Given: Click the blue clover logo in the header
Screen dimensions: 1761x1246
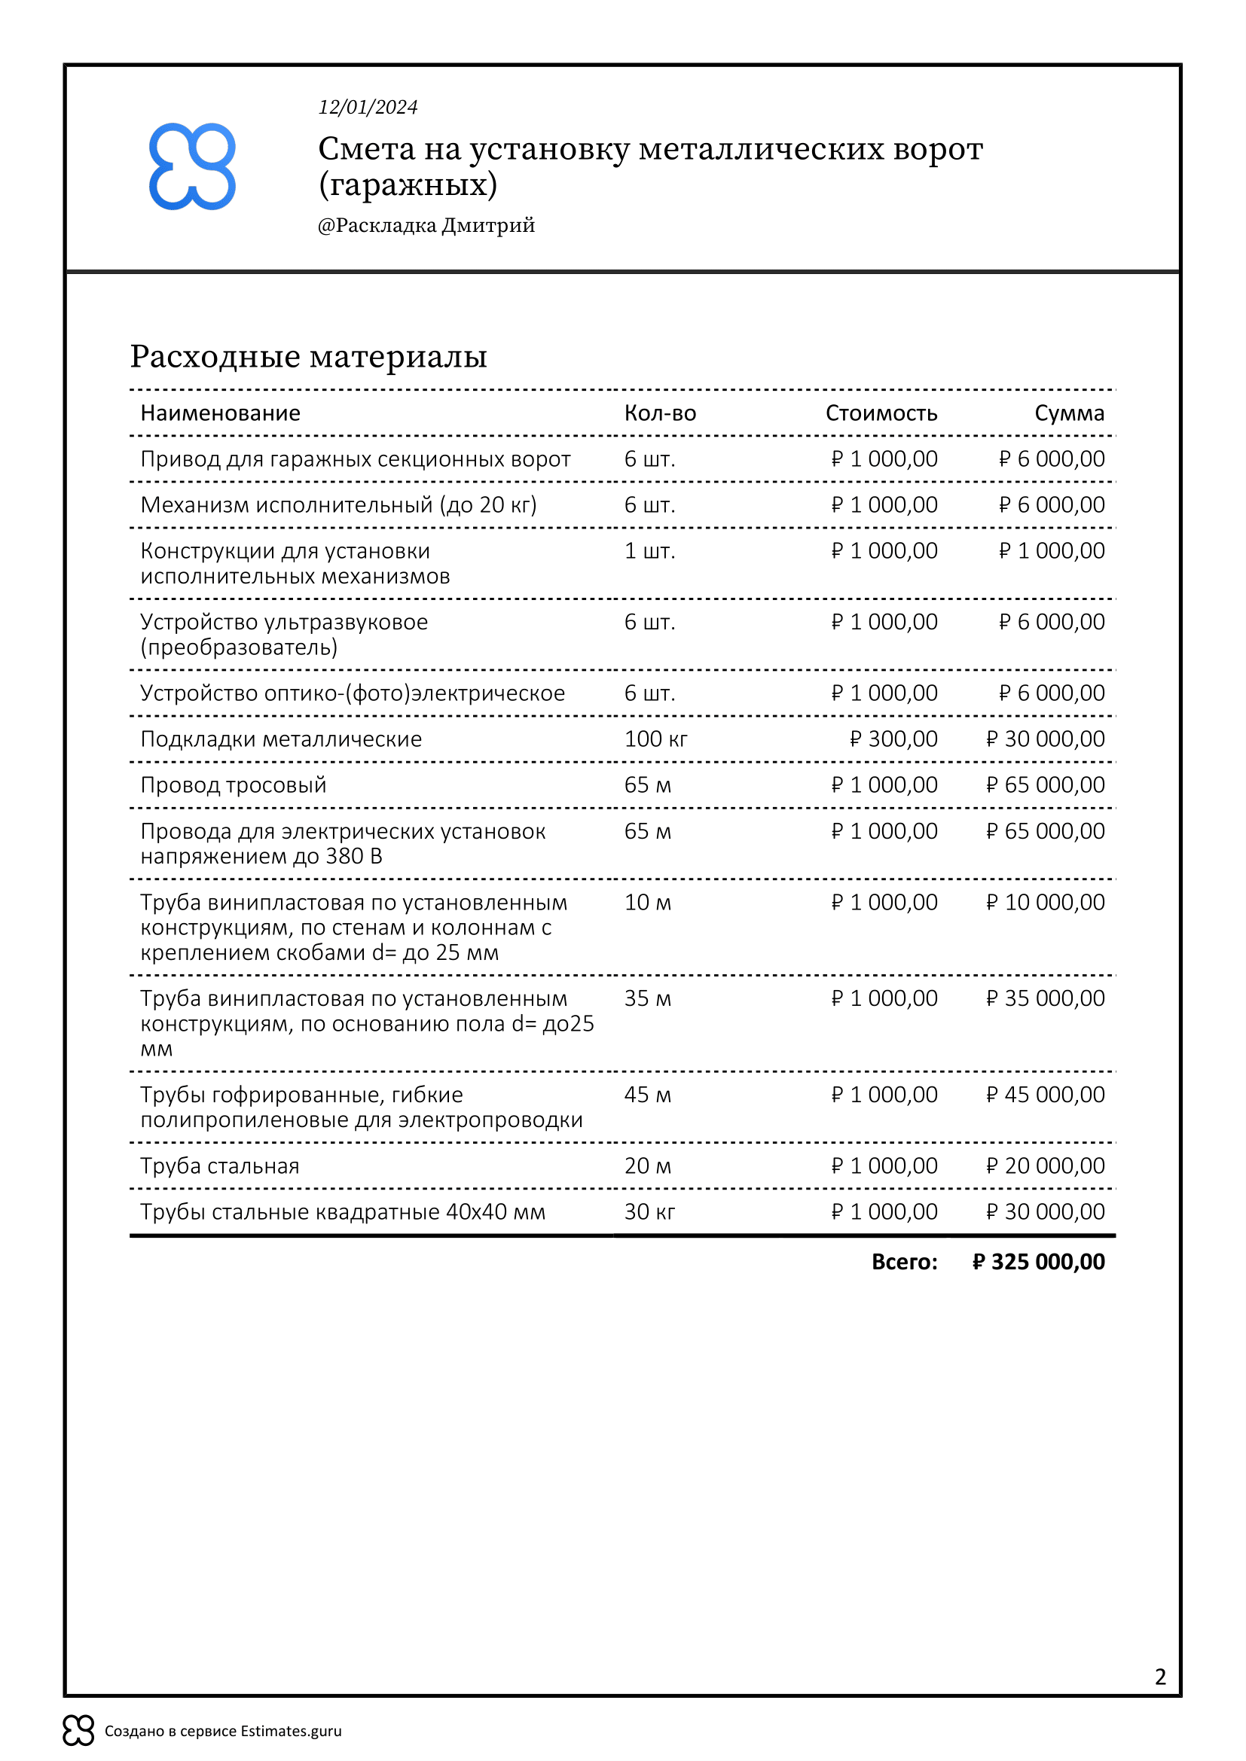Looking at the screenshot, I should coord(192,166).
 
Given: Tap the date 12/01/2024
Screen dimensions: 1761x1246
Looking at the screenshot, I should coord(368,108).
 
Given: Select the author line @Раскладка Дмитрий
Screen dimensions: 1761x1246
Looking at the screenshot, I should coord(426,226).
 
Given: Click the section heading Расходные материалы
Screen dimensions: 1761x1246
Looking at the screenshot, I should coord(308,357).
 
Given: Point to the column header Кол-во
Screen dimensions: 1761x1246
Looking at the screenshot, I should coord(660,413).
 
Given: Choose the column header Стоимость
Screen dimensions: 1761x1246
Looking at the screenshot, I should coord(881,413).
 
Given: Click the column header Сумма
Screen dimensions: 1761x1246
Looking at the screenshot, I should coord(1069,413).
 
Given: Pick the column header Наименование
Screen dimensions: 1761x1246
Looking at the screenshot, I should coord(220,413).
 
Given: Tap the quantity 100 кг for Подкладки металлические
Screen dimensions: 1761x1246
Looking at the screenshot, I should coord(655,739).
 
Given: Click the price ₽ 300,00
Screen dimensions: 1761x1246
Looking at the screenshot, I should coord(893,739).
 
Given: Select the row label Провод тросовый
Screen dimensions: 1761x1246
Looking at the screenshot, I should coord(234,785).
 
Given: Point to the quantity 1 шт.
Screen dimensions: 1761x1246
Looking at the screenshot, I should coord(649,550).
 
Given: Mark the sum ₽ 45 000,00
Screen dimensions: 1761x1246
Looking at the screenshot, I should coord(1045,1095).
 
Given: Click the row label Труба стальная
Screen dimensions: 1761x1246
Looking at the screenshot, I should coord(219,1165).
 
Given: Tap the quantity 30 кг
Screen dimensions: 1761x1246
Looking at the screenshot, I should coord(649,1212).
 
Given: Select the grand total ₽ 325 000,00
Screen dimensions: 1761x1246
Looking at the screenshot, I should coord(1038,1262).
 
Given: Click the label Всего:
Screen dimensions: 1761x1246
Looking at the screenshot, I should coord(904,1262).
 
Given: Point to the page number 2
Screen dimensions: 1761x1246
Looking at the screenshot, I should coord(1160,1677).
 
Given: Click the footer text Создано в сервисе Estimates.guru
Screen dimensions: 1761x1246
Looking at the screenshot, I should coord(222,1731).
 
